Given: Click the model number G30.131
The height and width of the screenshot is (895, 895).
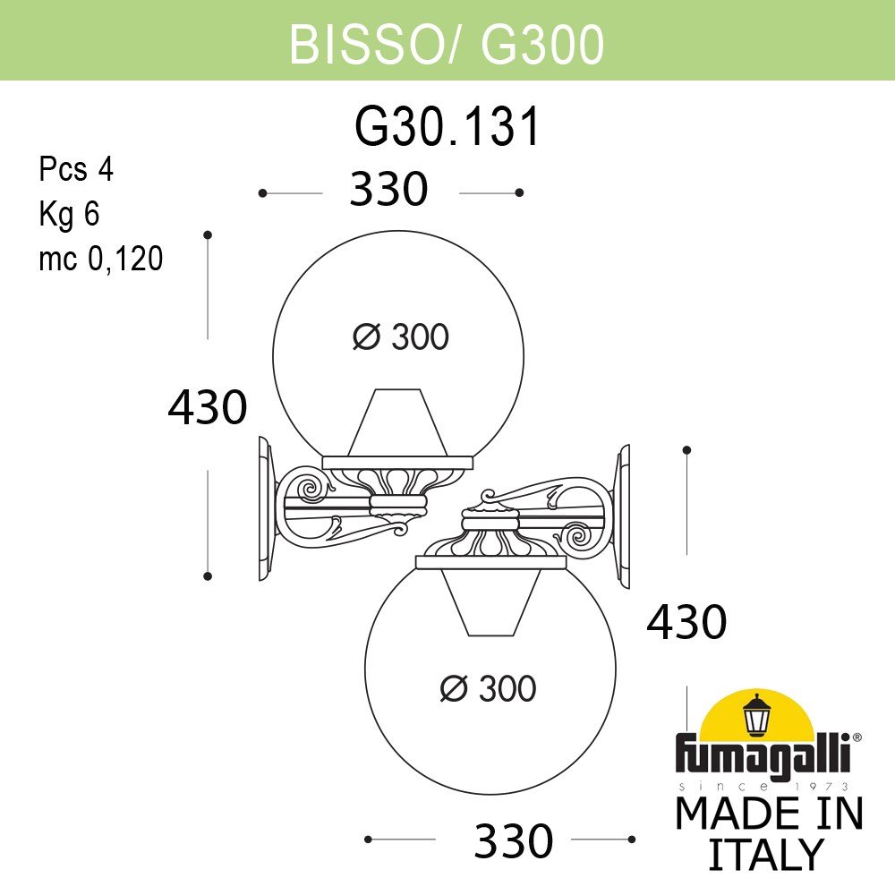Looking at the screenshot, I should [447, 127].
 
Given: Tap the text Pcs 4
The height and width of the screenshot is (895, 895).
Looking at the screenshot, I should [76, 169].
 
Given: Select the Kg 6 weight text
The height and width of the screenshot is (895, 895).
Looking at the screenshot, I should [68, 214].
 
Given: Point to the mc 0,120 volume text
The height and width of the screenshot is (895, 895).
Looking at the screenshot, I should [100, 259].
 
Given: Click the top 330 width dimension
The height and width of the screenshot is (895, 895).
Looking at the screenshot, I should [389, 191].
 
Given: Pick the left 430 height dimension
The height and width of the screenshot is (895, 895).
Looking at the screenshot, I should [207, 407].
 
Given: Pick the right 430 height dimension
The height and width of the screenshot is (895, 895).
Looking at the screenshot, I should [686, 621].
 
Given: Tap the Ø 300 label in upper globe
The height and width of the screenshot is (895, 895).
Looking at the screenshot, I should [400, 337].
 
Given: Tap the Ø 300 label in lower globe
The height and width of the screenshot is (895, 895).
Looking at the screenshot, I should [489, 688].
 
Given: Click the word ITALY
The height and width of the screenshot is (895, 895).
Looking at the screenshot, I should [765, 855].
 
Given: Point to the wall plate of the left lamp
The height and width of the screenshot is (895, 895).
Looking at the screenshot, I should [265, 508].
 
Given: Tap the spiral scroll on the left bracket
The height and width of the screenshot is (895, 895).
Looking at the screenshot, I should [311, 489].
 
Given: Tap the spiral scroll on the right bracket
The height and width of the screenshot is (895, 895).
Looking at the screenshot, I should [575, 538].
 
